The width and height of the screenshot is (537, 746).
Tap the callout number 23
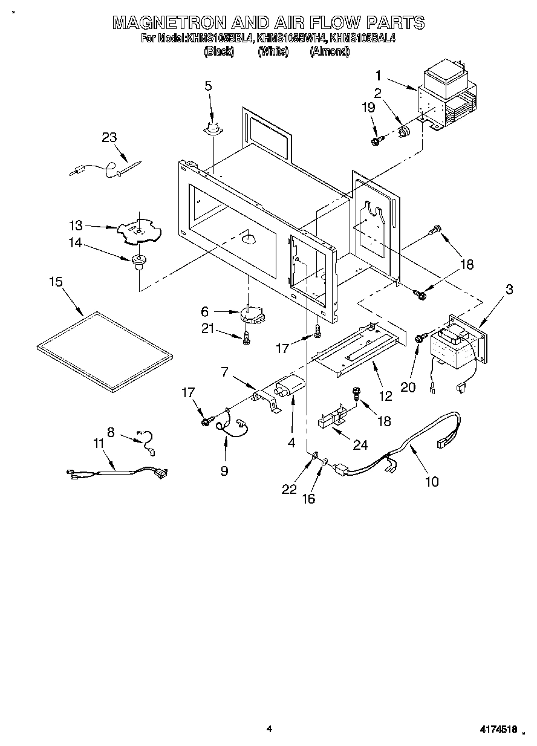click(x=109, y=137)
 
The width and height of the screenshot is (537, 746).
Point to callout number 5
click(x=208, y=86)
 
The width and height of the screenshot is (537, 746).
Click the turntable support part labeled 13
click(x=138, y=231)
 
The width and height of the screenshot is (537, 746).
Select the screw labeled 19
click(x=376, y=141)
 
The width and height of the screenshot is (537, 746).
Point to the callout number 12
click(x=385, y=397)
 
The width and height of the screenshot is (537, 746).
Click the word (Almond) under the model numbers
click(x=330, y=51)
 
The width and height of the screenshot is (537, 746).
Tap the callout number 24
click(x=360, y=446)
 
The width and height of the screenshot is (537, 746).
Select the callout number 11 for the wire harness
click(x=99, y=444)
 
